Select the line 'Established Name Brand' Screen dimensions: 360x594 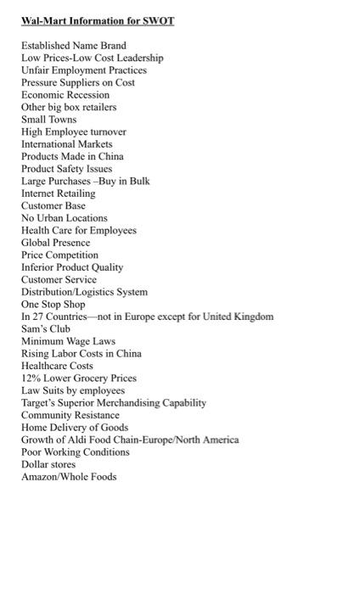pos(73,46)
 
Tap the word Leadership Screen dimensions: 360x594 pos(141,58)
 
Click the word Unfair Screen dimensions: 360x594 pos(36,70)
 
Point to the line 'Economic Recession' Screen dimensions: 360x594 pos(65,95)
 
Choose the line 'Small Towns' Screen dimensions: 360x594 pos(48,120)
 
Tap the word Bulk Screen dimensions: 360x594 pos(138,182)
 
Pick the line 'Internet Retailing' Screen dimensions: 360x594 pos(58,193)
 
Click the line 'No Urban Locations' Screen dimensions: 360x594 pos(64,218)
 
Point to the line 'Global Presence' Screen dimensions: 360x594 pos(55,243)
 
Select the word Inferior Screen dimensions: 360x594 pos(38,267)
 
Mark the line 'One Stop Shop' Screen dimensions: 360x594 pos(53,304)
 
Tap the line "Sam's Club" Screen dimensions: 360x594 pos(46,328)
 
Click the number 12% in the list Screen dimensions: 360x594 pos(31,378)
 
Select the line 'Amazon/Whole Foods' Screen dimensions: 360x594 pos(69,477)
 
